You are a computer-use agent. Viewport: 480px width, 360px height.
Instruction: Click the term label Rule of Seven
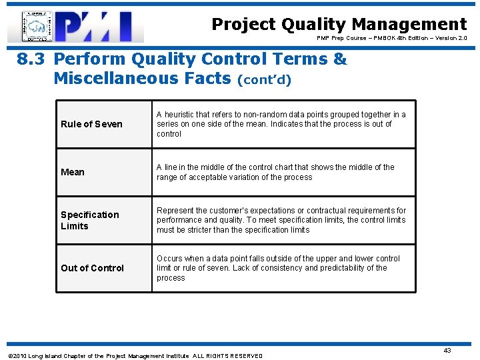pos(91,124)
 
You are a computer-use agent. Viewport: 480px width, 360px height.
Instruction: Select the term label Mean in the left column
pos(73,172)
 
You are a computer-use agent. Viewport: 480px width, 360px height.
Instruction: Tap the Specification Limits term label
pos(89,220)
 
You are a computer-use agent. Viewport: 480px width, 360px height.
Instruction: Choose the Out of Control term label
pos(92,268)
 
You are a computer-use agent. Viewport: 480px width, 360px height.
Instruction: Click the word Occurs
pos(170,259)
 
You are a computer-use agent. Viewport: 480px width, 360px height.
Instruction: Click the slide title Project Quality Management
pos(339,25)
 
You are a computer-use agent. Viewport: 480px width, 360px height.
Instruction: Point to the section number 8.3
pos(31,59)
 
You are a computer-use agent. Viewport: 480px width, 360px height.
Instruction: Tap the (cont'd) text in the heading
pos(265,79)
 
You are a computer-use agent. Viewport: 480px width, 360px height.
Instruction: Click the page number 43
pos(447,350)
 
